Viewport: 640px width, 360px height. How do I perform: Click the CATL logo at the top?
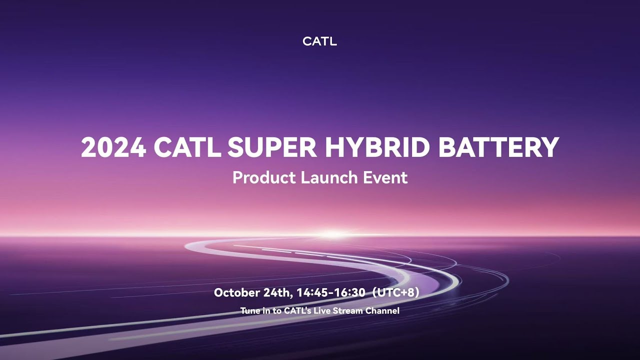(x=319, y=41)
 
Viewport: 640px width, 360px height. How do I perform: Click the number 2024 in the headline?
(x=113, y=147)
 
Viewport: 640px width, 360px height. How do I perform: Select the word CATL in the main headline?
(x=187, y=147)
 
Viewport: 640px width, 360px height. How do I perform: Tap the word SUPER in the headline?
(x=272, y=147)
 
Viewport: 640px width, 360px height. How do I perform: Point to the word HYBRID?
(x=376, y=147)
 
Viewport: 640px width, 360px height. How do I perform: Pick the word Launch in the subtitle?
(x=329, y=177)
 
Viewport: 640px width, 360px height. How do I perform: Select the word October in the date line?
(x=236, y=292)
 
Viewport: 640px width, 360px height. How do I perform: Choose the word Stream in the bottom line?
(x=347, y=311)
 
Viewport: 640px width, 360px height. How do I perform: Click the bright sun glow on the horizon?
(x=333, y=234)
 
